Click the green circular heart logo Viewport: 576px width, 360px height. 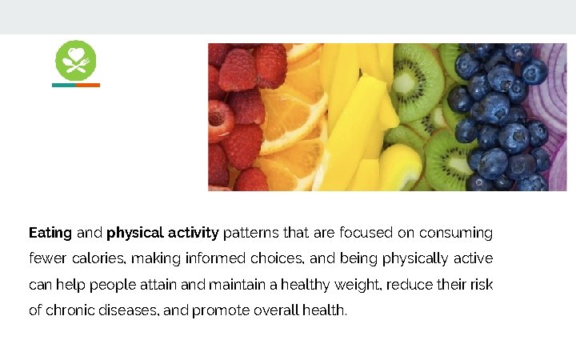tap(75, 60)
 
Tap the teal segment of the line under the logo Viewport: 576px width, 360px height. tap(64, 85)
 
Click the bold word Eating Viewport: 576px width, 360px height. tap(50, 234)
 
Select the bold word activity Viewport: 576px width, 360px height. tap(193, 234)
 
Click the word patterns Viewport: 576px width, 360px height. tap(249, 234)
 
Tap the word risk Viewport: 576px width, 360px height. tap(480, 285)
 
